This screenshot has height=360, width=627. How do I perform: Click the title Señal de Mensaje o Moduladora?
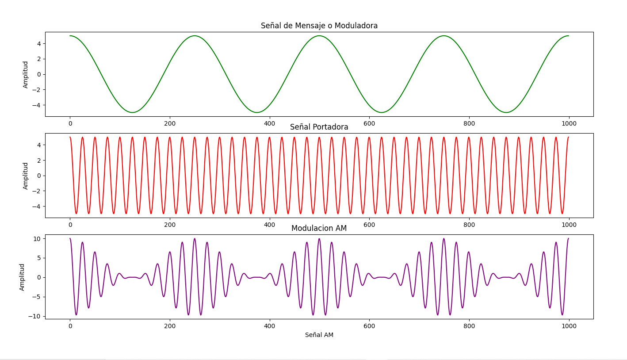pyautogui.click(x=319, y=26)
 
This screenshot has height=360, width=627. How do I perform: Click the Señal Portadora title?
pyautogui.click(x=319, y=127)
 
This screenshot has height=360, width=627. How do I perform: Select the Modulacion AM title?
pyautogui.click(x=319, y=228)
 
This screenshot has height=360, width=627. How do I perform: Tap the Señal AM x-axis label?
pyautogui.click(x=319, y=335)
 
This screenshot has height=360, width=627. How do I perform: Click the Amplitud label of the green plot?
pyautogui.click(x=26, y=74)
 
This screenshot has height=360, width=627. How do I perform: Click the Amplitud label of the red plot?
pyautogui.click(x=26, y=176)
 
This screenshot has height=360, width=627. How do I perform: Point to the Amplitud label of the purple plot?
pyautogui.click(x=22, y=277)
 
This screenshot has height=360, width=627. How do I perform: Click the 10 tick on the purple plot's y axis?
pyautogui.click(x=37, y=239)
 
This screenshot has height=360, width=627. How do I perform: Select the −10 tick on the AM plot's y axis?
pyautogui.click(x=35, y=316)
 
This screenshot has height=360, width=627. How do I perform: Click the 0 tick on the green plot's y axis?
pyautogui.click(x=39, y=74)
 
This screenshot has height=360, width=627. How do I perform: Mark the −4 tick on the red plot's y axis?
pyautogui.click(x=37, y=206)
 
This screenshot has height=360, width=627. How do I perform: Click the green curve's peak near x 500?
pyautogui.click(x=319, y=36)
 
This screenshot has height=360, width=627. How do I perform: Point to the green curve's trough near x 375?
pyautogui.click(x=257, y=112)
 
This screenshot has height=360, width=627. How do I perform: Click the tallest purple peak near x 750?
pyautogui.click(x=443, y=239)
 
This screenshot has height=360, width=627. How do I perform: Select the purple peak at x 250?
pyautogui.click(x=195, y=239)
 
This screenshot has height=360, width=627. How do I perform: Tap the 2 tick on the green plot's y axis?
pyautogui.click(x=39, y=59)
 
